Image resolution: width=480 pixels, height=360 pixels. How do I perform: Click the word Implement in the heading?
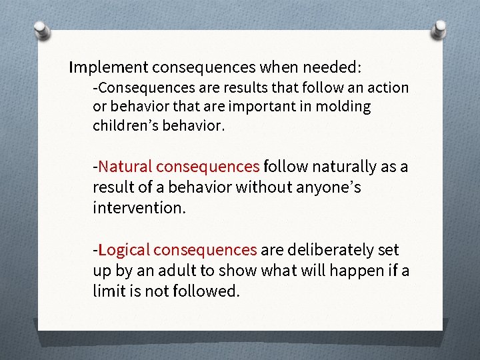(x=109, y=67)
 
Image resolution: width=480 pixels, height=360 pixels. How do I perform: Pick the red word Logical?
(x=123, y=249)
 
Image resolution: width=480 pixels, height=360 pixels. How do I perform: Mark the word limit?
(x=108, y=291)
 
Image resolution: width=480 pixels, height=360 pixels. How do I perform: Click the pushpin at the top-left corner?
(x=42, y=31)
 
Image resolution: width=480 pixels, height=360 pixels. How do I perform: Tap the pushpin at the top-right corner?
(x=441, y=29)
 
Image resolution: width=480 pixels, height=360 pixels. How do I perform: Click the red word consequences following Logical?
(x=205, y=249)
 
